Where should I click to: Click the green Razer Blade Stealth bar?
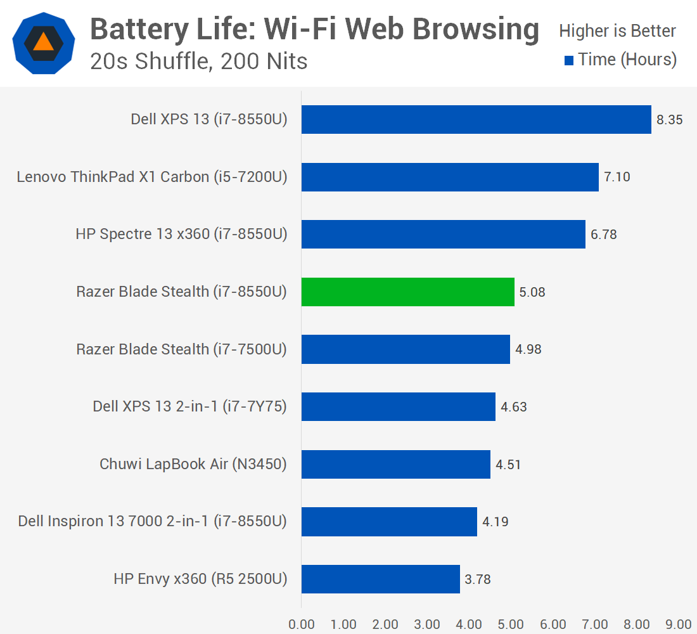(x=407, y=292)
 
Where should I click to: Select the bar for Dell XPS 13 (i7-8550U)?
(x=476, y=119)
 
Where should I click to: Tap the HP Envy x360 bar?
(x=380, y=579)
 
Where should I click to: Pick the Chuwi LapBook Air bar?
(x=395, y=464)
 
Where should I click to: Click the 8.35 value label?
(x=669, y=119)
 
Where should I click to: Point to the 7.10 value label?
(x=617, y=177)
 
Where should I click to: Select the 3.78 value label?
(x=478, y=579)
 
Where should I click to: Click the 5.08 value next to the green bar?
(x=532, y=292)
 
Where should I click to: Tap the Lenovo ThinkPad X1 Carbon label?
(x=152, y=177)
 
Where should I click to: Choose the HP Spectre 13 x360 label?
(x=181, y=234)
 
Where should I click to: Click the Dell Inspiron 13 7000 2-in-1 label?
(x=152, y=521)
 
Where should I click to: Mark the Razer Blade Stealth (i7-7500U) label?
(x=181, y=349)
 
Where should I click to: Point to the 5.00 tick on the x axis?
(x=511, y=624)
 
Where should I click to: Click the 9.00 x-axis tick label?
(x=679, y=624)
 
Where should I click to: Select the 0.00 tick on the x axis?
(x=302, y=624)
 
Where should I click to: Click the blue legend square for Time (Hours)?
(x=569, y=60)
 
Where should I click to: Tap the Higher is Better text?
(x=617, y=30)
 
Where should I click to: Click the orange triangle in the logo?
(x=44, y=42)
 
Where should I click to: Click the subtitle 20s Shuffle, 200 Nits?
(x=199, y=61)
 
